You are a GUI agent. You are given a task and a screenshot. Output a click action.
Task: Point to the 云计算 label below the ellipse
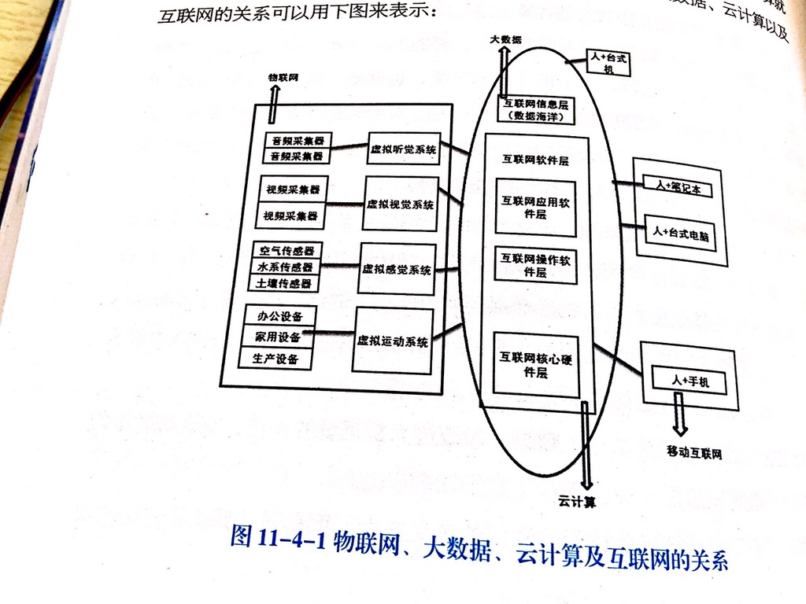(x=577, y=500)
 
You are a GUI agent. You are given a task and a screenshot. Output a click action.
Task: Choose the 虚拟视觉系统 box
(x=401, y=204)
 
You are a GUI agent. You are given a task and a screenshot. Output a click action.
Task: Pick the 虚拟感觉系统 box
(x=397, y=269)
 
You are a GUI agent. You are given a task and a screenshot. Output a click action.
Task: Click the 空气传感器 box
(x=286, y=251)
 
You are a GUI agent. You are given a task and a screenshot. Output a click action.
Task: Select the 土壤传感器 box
(x=284, y=283)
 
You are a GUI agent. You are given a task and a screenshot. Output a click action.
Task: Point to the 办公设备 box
(x=280, y=317)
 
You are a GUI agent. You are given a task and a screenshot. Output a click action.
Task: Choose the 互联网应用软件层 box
(x=535, y=208)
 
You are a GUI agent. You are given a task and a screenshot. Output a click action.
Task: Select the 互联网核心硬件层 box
(x=535, y=364)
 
